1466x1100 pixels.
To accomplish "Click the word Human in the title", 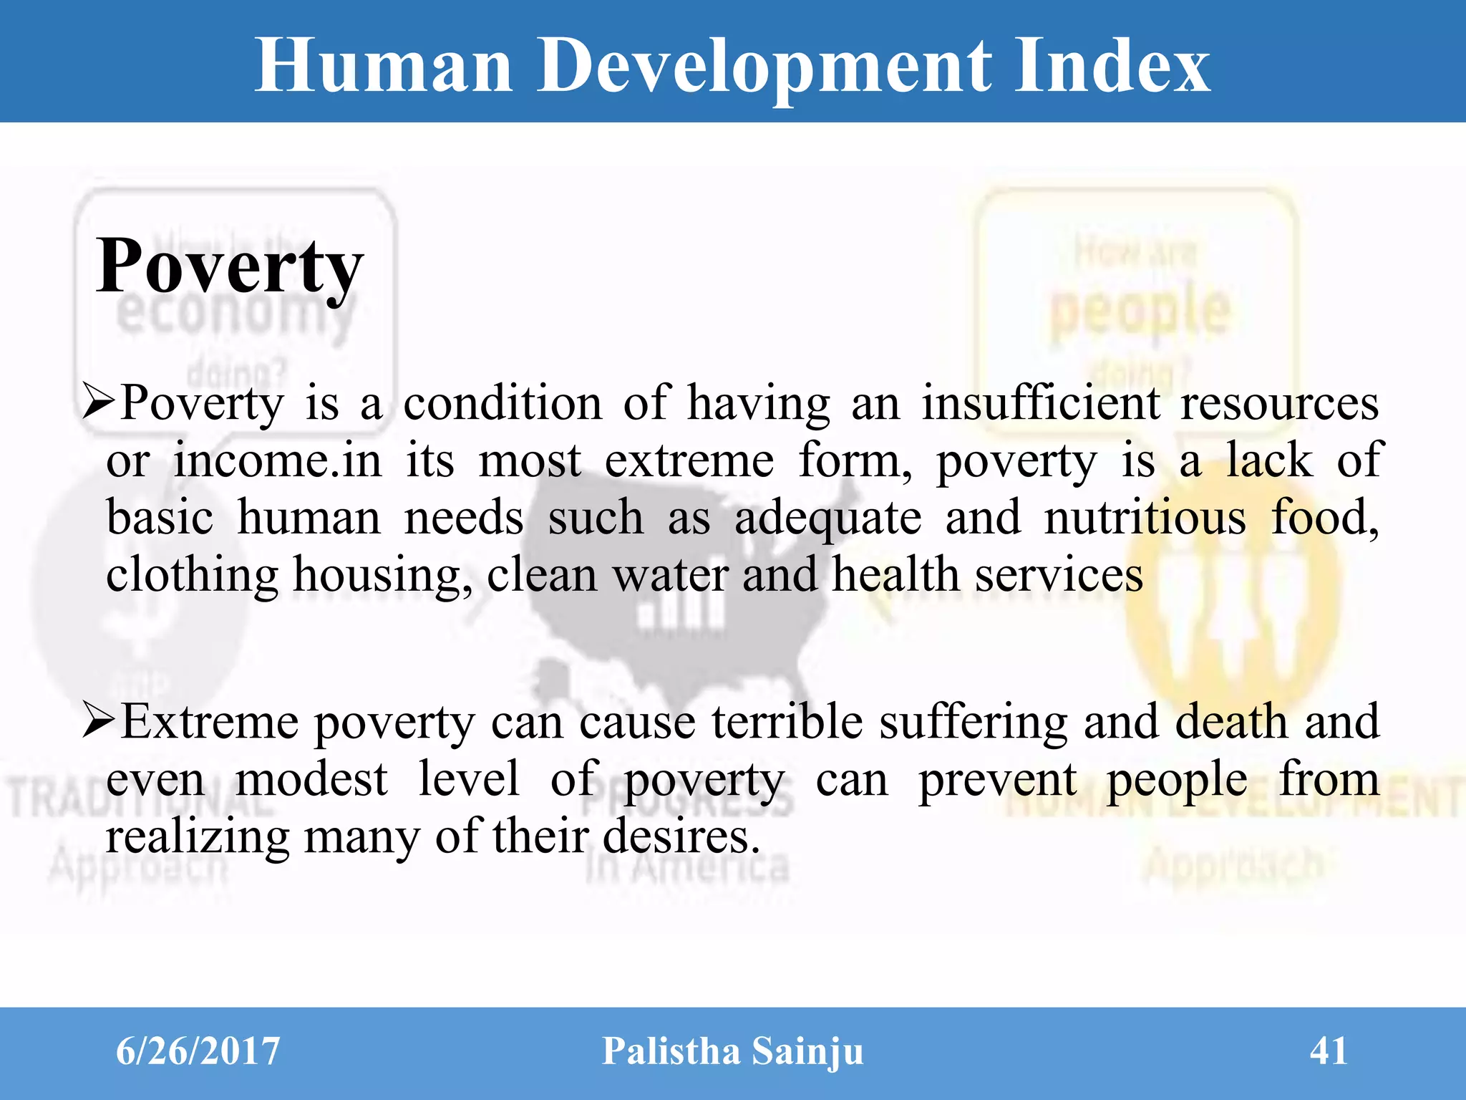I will tap(384, 66).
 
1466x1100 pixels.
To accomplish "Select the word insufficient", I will tap(1040, 402).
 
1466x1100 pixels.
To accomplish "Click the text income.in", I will tap(278, 460).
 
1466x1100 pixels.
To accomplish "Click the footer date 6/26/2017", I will tap(198, 1051).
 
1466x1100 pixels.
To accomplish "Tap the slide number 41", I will tap(1329, 1051).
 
